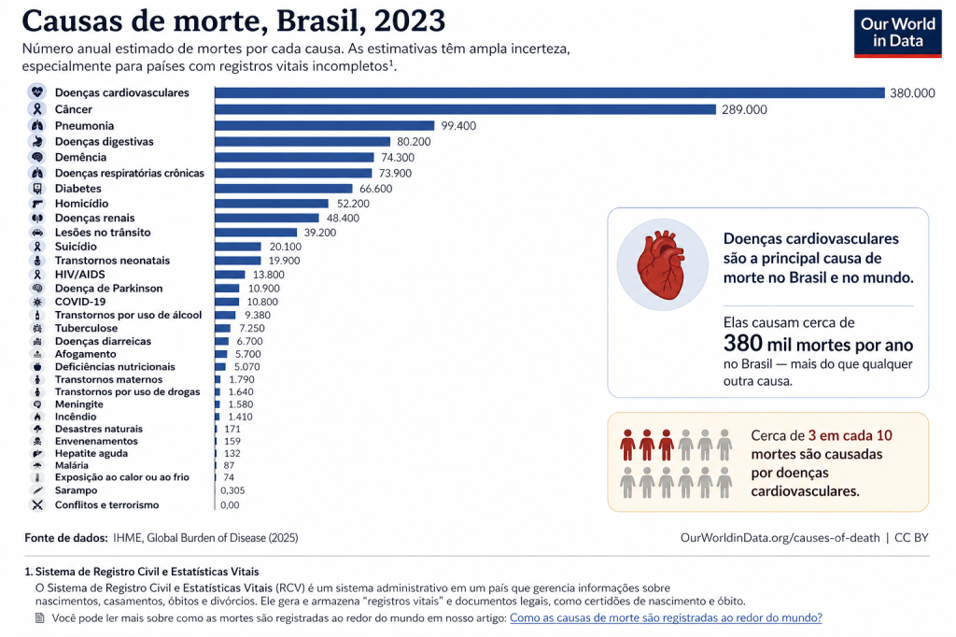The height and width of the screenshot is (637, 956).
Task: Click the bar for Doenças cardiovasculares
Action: [549, 92]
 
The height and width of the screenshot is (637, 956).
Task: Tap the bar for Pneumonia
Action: [325, 125]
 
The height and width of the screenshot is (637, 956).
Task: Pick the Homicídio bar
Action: [272, 204]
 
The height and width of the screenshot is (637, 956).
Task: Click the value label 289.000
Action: [744, 109]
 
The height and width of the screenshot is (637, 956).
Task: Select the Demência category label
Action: [80, 157]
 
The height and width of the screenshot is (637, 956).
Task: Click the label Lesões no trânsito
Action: [103, 232]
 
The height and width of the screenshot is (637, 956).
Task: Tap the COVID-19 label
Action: [80, 302]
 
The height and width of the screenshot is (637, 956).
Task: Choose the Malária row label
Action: [72, 465]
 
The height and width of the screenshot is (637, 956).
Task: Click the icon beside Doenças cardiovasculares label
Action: [37, 92]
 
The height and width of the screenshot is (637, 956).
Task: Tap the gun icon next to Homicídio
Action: [37, 204]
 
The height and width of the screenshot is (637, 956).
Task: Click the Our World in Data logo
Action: [897, 34]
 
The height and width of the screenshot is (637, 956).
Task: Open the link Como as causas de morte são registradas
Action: [666, 618]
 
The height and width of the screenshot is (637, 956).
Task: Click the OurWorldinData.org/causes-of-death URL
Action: [781, 538]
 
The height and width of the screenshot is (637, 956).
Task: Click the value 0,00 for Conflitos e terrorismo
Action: [229, 505]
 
